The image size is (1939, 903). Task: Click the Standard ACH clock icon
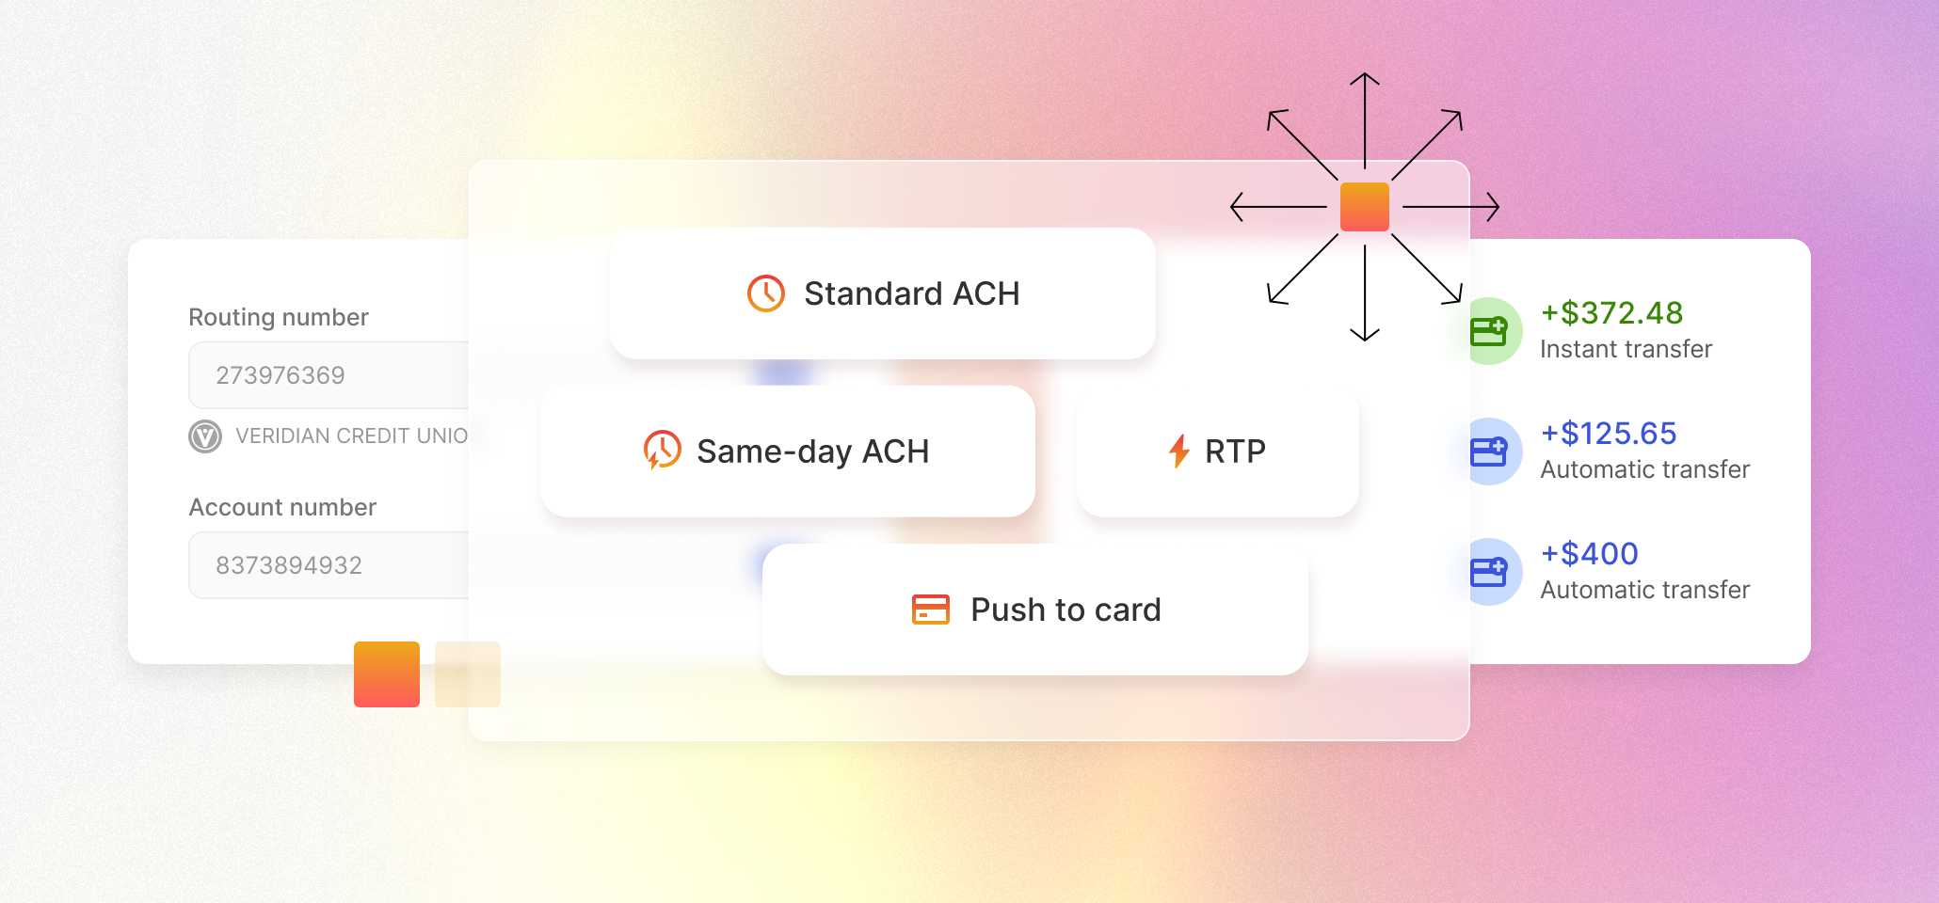pyautogui.click(x=766, y=293)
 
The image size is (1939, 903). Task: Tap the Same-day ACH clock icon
pyautogui.click(x=662, y=451)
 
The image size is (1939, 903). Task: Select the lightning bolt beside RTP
pyautogui.click(x=1179, y=451)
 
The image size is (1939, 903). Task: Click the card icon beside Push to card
pyautogui.click(x=931, y=610)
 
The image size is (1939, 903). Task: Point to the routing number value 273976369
pyautogui.click(x=280, y=375)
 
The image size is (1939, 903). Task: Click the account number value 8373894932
pyautogui.click(x=289, y=565)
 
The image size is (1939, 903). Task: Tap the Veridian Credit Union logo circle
pyautogui.click(x=205, y=436)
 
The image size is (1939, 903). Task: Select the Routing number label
pyautogui.click(x=279, y=317)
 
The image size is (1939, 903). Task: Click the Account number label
pyautogui.click(x=282, y=507)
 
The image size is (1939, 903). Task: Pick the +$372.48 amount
pyautogui.click(x=1611, y=313)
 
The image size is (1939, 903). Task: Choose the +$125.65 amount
pyautogui.click(x=1609, y=434)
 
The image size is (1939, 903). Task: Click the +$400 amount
pyautogui.click(x=1590, y=554)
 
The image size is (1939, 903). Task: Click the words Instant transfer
pyautogui.click(x=1626, y=349)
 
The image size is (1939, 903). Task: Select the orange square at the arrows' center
pyautogui.click(x=1365, y=207)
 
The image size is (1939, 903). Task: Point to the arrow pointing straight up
pyautogui.click(x=1365, y=118)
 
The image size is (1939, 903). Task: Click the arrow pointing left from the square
pyautogui.click(x=1275, y=207)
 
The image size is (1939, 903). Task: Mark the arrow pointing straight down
pyautogui.click(x=1365, y=296)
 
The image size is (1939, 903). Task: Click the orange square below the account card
pyautogui.click(x=387, y=674)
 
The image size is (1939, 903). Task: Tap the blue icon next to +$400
pyautogui.click(x=1489, y=572)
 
